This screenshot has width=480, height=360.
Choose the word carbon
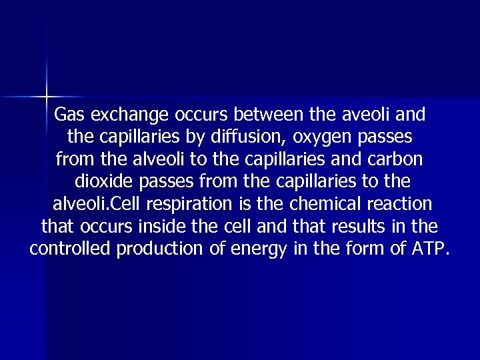point(399,160)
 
